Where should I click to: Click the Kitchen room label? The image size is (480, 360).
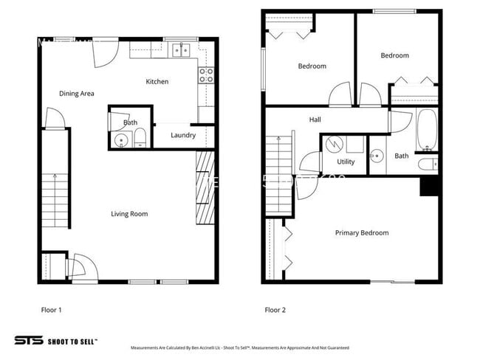click(157, 81)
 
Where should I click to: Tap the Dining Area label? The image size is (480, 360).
click(77, 94)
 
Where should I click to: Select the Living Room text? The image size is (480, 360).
click(129, 214)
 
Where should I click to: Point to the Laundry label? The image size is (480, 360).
click(182, 135)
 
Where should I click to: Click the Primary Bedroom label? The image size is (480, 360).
click(361, 233)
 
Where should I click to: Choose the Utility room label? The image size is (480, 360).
click(346, 162)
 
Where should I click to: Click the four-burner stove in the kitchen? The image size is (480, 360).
click(206, 74)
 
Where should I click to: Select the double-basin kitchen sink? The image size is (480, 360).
click(180, 50)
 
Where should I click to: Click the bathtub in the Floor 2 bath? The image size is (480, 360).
click(428, 129)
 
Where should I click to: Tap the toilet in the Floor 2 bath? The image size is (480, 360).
click(427, 164)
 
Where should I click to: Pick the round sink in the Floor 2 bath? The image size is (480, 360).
click(377, 155)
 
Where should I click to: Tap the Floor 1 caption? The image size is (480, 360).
click(51, 310)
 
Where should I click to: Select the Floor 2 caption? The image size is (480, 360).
click(276, 310)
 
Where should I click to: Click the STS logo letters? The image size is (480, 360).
click(28, 341)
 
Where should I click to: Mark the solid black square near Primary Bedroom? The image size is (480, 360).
click(429, 186)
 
